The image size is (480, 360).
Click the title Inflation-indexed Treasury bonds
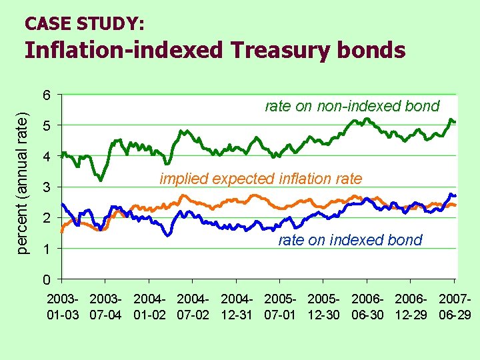coord(215,51)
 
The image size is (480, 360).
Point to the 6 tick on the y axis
coord(46,95)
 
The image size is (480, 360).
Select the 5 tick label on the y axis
coord(46,125)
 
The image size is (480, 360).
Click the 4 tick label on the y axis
coord(46,157)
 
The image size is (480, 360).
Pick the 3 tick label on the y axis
coord(46,187)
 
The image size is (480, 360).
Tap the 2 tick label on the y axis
coord(46,218)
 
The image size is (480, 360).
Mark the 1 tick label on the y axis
coord(46,249)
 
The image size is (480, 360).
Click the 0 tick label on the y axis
coord(46,279)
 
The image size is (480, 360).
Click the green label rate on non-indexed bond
coord(352,106)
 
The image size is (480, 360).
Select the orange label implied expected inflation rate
coord(261,179)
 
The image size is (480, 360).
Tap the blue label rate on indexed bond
coord(350,240)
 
